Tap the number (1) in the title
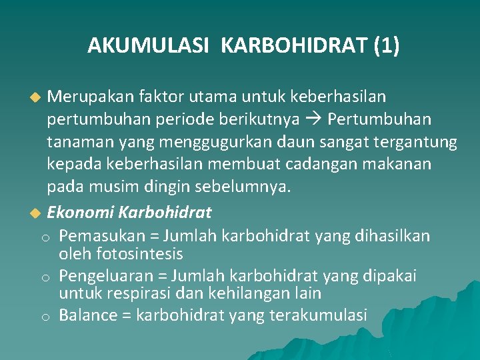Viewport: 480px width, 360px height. [x=387, y=46]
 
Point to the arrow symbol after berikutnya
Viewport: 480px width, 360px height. [x=317, y=119]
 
